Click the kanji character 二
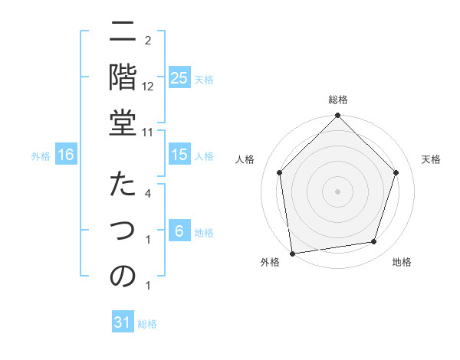123,33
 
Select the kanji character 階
123,77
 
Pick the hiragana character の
123,277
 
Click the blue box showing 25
179,78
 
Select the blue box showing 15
179,155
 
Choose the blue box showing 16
65,155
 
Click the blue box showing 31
123,323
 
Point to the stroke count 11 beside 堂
149,131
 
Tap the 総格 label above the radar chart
338,100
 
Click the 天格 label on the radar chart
431,159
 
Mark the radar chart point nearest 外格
292,253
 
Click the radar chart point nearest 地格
374,241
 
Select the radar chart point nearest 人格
280,172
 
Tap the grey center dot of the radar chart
338,191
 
